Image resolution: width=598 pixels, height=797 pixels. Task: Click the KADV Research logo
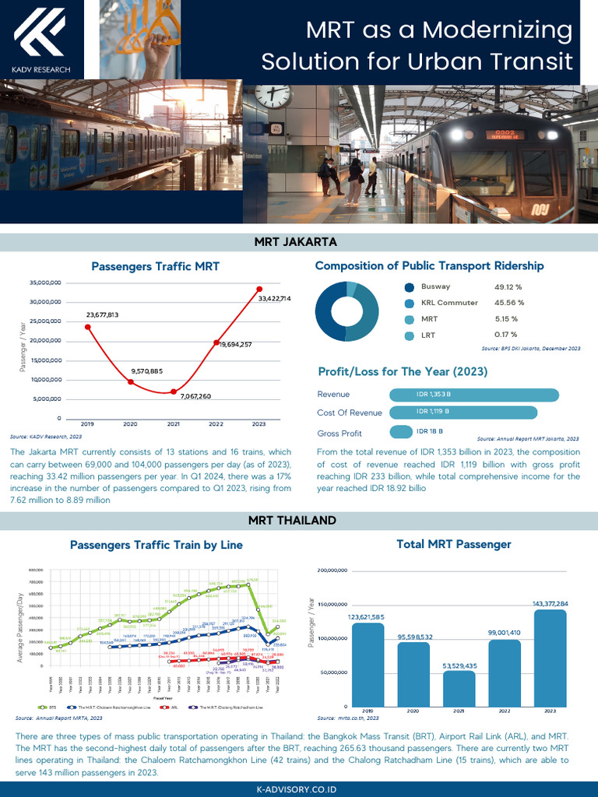[x=41, y=39]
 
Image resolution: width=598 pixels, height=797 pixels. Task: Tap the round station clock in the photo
[x=272, y=95]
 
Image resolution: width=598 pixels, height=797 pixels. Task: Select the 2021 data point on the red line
[x=173, y=391]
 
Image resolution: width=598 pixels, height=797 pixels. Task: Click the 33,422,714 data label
[x=275, y=298]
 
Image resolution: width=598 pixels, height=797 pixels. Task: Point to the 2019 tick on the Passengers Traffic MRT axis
[x=86, y=424]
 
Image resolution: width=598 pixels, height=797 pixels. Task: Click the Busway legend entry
[x=435, y=287]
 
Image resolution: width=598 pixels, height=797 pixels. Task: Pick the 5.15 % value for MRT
[x=505, y=319]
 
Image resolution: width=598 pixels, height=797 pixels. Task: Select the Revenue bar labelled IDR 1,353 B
[x=473, y=395]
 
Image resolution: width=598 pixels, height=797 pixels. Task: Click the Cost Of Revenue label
[x=350, y=413]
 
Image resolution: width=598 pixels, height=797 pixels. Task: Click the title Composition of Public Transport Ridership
[x=429, y=266]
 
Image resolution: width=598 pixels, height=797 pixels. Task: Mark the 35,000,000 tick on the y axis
[x=45, y=283]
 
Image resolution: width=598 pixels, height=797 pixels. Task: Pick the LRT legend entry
[x=430, y=335]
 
